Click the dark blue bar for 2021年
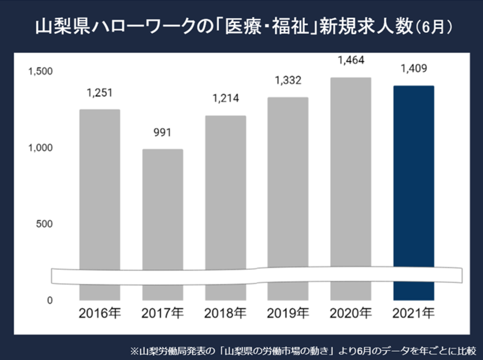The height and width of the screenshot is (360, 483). click(x=413, y=179)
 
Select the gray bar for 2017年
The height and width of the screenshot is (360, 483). click(x=162, y=209)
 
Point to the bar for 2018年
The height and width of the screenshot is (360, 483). click(x=225, y=191)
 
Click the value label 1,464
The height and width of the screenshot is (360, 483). click(x=350, y=61)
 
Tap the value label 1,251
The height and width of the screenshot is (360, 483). click(x=100, y=93)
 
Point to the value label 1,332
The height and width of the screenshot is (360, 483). click(x=288, y=80)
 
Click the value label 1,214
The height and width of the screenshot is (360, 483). click(x=225, y=99)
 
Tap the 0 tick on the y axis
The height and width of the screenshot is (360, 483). click(x=50, y=300)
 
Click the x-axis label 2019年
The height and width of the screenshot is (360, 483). click(x=288, y=313)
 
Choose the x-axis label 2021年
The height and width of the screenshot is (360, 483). click(x=413, y=313)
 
